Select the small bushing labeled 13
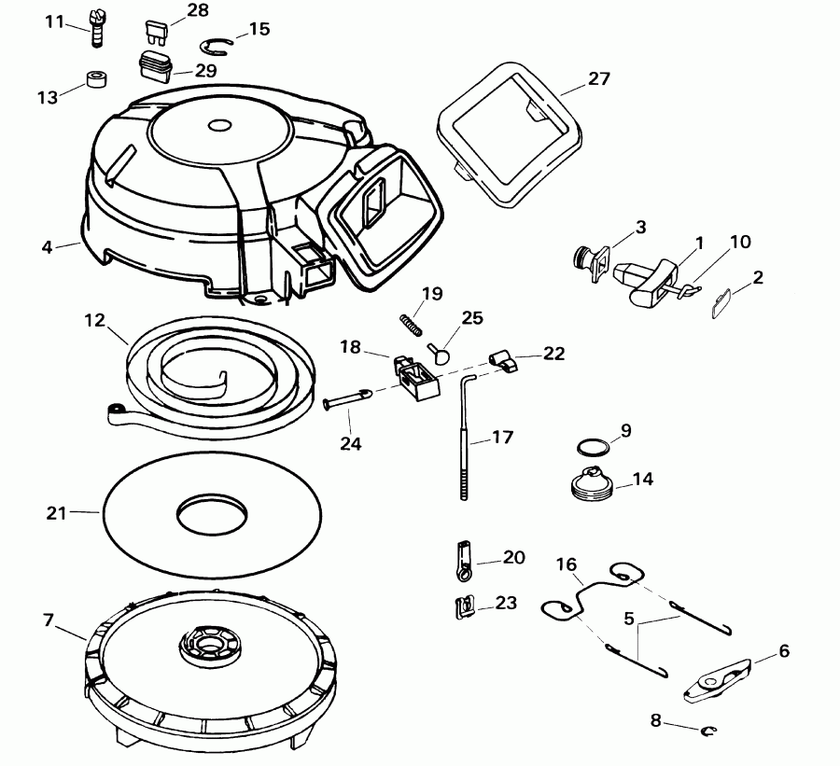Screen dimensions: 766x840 [94, 78]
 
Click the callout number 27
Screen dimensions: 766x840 [598, 78]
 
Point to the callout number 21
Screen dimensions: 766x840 [57, 511]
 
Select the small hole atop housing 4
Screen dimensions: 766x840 [220, 125]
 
